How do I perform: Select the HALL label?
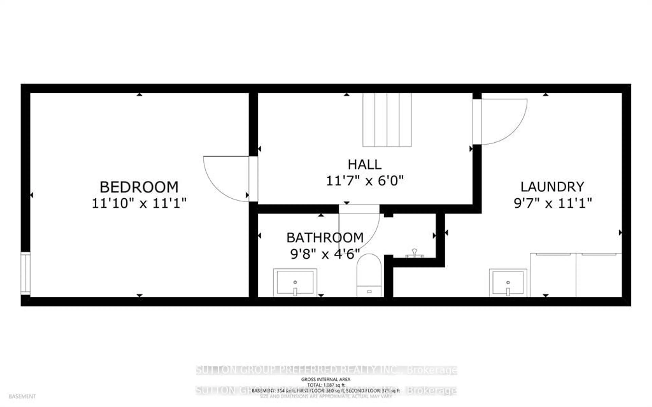click(x=365, y=164)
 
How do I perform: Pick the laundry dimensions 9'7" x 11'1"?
click(x=553, y=203)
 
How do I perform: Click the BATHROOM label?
click(x=325, y=238)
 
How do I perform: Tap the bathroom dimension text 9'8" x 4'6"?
click(x=325, y=254)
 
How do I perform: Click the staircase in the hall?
click(x=387, y=120)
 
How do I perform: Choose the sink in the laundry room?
click(x=508, y=283)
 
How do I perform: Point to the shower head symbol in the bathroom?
click(x=414, y=253)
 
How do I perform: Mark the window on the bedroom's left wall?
click(x=25, y=273)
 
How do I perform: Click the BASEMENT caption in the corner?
click(x=22, y=396)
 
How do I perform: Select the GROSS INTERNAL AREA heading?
click(x=325, y=379)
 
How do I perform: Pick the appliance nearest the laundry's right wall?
click(x=599, y=275)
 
